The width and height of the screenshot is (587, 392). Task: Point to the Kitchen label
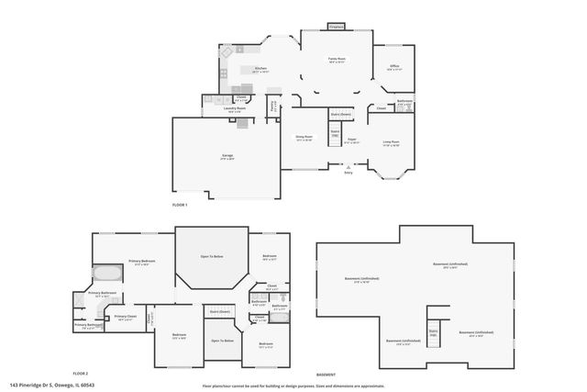pyautogui.click(x=260, y=70)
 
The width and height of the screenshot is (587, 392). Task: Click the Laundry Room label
pyautogui.click(x=236, y=108)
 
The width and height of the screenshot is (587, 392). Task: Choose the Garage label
pyautogui.click(x=227, y=157)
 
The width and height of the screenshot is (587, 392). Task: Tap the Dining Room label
pyautogui.click(x=304, y=139)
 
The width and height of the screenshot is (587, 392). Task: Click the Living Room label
pyautogui.click(x=390, y=141)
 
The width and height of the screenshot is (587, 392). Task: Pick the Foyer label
pyautogui.click(x=351, y=141)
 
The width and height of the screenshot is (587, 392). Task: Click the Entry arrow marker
pyautogui.click(x=348, y=166)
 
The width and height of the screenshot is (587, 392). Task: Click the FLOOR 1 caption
pyautogui.click(x=180, y=205)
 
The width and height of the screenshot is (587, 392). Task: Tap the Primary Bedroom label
pyautogui.click(x=140, y=263)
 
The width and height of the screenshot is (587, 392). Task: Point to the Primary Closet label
pyautogui.click(x=126, y=319)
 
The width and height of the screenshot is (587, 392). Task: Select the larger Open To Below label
pyautogui.click(x=212, y=257)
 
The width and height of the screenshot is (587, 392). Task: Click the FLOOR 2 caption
pyautogui.click(x=80, y=374)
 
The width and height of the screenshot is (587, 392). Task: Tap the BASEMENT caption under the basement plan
pyautogui.click(x=326, y=375)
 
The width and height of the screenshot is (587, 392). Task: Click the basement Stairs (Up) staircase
pyautogui.click(x=433, y=333)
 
